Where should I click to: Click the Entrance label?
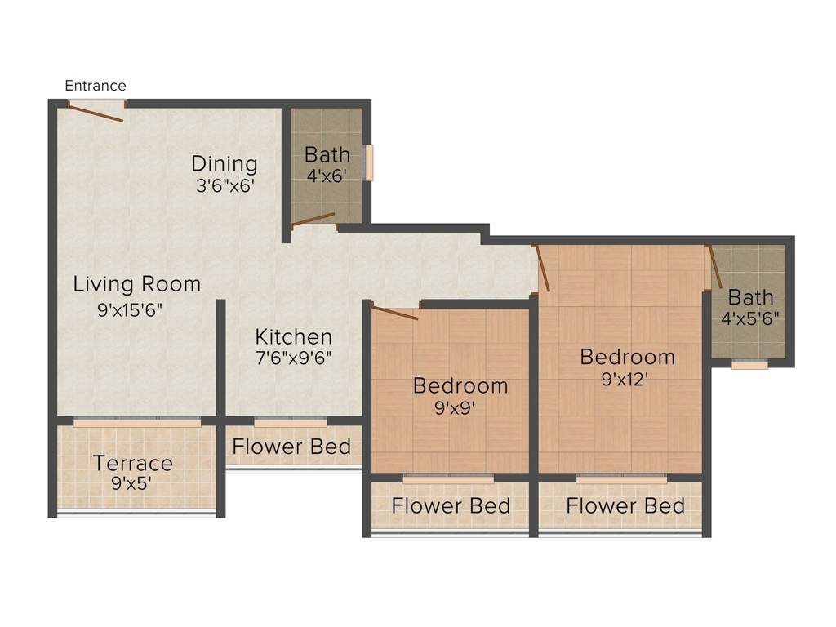click(96, 86)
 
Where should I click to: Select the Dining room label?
click(225, 164)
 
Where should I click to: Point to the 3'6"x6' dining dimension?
click(225, 185)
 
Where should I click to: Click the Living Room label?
click(137, 284)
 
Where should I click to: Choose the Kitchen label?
click(293, 336)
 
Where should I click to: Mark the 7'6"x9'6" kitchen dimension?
click(293, 358)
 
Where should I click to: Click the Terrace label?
click(133, 464)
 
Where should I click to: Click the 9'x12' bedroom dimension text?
click(627, 378)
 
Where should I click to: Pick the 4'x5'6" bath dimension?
click(749, 318)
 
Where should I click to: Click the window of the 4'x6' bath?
click(369, 162)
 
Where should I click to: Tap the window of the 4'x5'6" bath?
click(749, 366)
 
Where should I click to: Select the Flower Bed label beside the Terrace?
click(291, 447)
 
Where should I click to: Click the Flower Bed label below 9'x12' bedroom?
click(625, 505)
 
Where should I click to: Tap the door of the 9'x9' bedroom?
click(395, 313)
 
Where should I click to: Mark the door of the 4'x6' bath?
click(313, 218)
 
